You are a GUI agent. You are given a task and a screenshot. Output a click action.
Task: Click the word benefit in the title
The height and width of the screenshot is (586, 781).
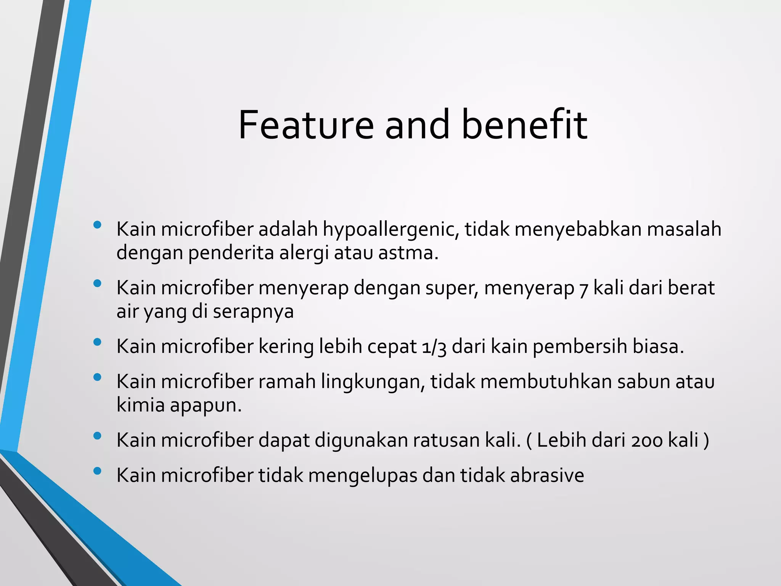click(524, 125)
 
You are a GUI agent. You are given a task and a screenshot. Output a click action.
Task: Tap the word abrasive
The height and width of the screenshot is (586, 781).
click(547, 476)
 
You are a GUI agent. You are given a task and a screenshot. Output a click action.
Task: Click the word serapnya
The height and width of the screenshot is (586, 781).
click(253, 312)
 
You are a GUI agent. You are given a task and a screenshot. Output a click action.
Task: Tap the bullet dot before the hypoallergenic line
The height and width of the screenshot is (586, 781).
click(97, 225)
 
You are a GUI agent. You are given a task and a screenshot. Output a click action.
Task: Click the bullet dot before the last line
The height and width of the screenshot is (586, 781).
click(97, 471)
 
